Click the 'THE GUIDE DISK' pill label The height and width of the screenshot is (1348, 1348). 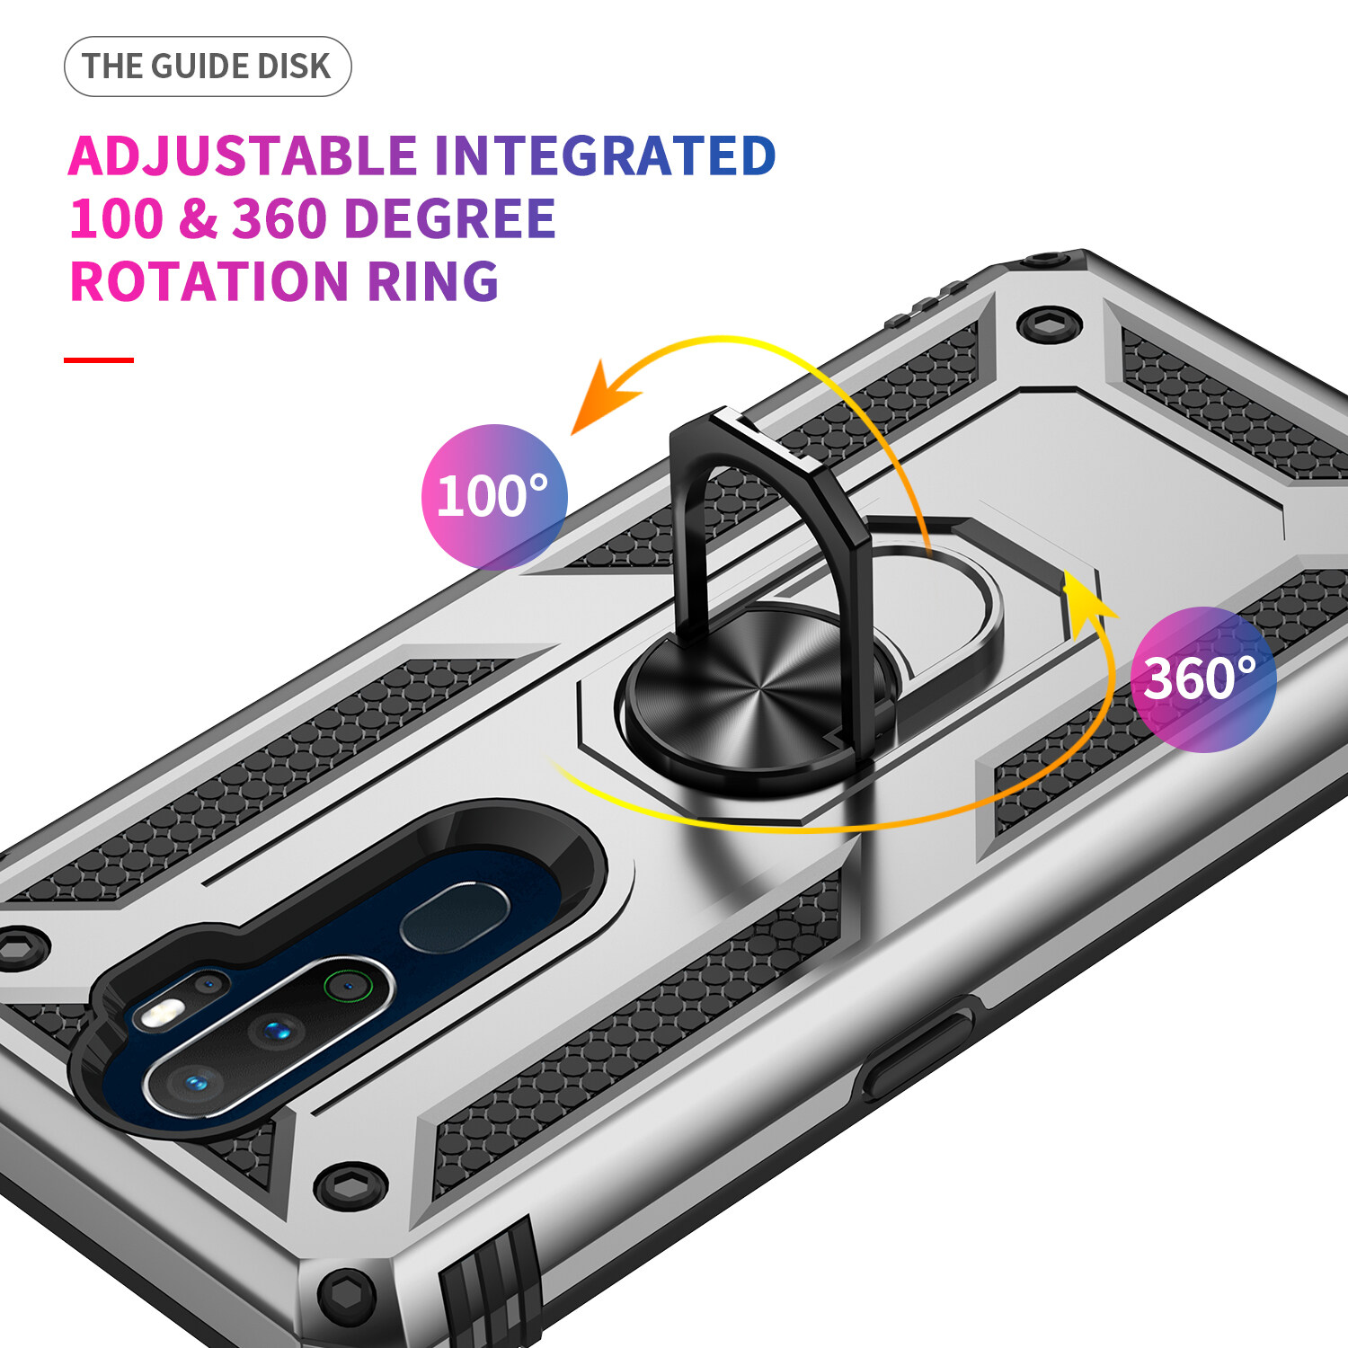(x=208, y=67)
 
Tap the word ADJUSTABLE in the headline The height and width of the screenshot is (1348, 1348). (x=243, y=156)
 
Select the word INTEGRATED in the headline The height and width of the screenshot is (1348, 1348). (x=605, y=155)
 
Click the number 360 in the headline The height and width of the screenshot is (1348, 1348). (x=279, y=218)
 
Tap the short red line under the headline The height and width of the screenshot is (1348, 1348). (x=99, y=359)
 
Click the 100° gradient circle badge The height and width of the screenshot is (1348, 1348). (x=494, y=496)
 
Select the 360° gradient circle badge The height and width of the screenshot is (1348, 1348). (x=1203, y=679)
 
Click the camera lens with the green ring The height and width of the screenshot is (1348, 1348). (x=347, y=986)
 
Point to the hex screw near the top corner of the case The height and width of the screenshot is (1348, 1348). (x=1049, y=324)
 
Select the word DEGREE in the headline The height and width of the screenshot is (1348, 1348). (x=450, y=218)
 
